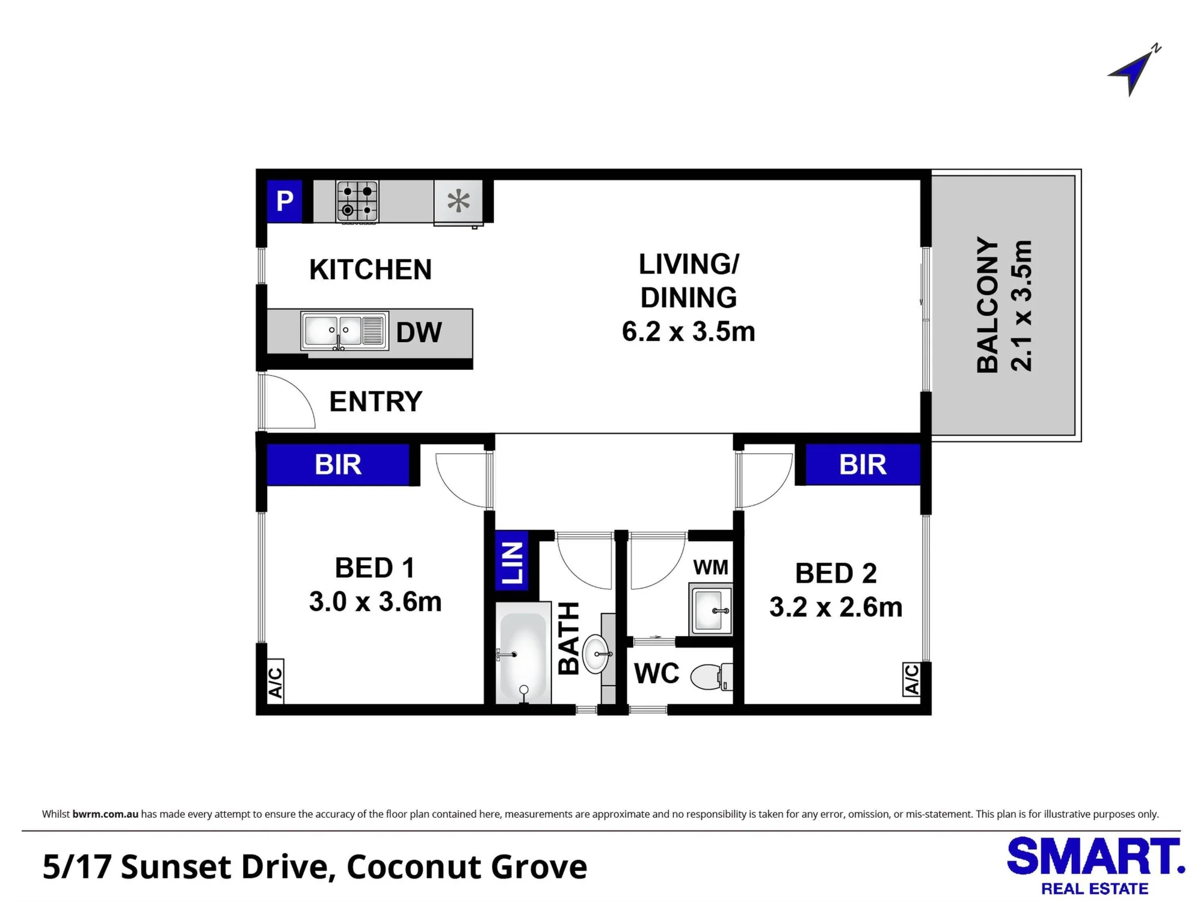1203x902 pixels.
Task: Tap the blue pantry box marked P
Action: pos(285,201)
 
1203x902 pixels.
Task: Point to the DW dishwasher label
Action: pos(419,333)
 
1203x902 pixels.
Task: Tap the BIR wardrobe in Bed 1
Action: pos(338,465)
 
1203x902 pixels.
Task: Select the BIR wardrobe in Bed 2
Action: pos(863,465)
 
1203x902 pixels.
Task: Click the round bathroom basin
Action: pos(597,654)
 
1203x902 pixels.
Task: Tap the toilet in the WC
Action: pos(712,677)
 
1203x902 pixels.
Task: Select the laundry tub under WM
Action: pos(711,609)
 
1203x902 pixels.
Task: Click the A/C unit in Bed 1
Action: pos(275,682)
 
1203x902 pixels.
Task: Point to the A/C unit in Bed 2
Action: pos(911,679)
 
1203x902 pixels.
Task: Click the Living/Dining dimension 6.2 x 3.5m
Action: pos(688,331)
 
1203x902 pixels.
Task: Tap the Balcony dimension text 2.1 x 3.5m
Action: pos(1022,305)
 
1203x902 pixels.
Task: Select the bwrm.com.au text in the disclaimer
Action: pos(105,814)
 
